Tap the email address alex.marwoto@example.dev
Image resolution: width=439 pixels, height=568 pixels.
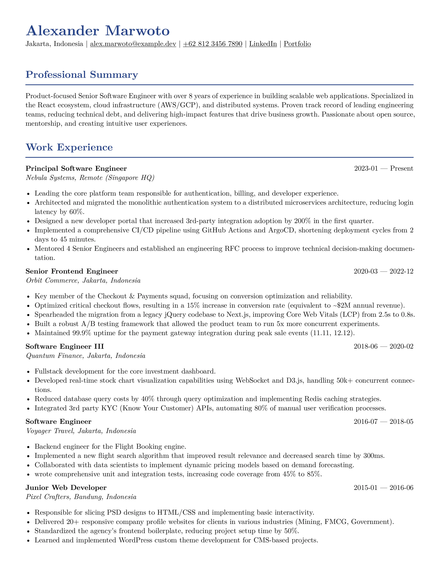[133, 44]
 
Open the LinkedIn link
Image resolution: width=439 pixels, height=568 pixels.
[263, 44]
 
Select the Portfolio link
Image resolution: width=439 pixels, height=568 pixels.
[297, 44]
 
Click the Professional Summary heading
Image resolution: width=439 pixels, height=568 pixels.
[82, 75]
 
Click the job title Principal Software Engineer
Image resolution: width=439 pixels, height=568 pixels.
[76, 169]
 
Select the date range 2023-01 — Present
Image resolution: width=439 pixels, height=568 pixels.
[383, 169]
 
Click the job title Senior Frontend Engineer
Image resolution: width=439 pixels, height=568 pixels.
[72, 271]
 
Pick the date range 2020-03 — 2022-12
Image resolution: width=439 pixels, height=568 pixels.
[383, 271]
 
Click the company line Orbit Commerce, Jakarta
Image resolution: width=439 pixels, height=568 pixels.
[83, 281]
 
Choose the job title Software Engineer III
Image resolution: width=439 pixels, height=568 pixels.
[65, 346]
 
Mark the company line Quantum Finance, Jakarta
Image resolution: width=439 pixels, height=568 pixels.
[86, 356]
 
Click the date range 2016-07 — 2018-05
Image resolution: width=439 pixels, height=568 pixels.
[383, 422]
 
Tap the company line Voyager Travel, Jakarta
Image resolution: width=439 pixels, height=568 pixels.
[81, 431]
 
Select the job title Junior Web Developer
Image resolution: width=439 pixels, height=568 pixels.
[66, 488]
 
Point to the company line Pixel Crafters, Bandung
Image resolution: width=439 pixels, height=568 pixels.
[81, 497]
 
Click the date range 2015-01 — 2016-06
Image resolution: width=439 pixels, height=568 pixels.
[383, 488]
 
